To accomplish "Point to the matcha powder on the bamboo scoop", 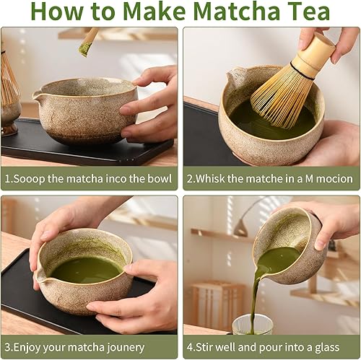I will [85, 48].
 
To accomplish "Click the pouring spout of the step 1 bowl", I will [38, 94].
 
